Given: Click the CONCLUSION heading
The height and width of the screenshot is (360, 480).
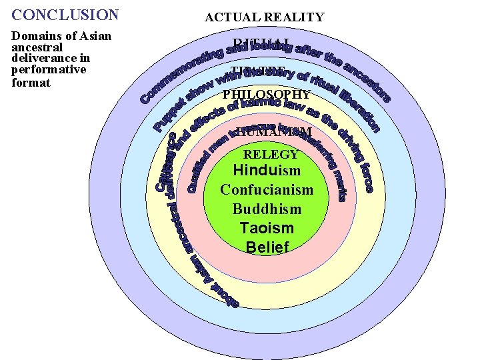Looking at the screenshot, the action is coord(65,14).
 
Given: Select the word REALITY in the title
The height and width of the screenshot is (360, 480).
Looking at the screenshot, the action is coord(293,17).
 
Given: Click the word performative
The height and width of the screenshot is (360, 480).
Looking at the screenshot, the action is coord(49,69).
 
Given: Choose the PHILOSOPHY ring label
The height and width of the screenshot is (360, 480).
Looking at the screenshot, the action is coord(266,95).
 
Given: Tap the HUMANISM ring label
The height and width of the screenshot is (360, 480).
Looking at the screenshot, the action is coord(273,132).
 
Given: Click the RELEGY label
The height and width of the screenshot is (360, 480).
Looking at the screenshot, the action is coord(271,155).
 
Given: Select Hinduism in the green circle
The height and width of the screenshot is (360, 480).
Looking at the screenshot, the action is coord(267,170).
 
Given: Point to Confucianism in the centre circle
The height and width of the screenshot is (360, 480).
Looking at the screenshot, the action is coord(267,190).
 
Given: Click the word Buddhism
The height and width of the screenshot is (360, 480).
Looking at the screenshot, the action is coord(267,209).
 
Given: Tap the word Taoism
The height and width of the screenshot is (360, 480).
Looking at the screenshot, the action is coord(267,228).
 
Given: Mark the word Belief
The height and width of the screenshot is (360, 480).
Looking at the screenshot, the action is coord(267,247).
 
